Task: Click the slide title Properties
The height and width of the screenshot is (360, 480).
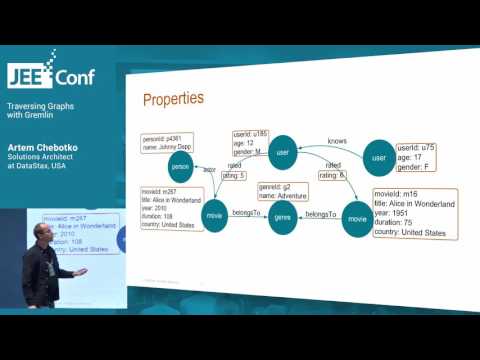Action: pos(174,99)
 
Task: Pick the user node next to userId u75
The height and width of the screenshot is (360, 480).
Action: pos(379,158)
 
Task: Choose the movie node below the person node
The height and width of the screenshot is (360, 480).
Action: pos(214,215)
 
